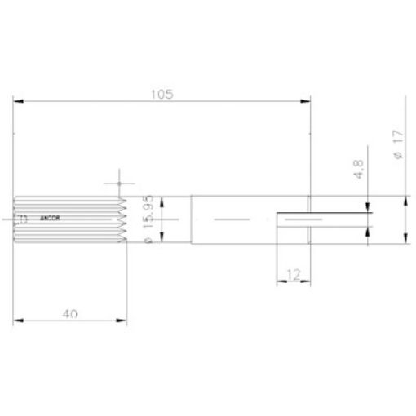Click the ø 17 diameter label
(x=396, y=145)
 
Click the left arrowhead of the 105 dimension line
(x=19, y=102)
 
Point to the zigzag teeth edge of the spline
(x=123, y=219)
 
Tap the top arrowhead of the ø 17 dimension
(x=406, y=200)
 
